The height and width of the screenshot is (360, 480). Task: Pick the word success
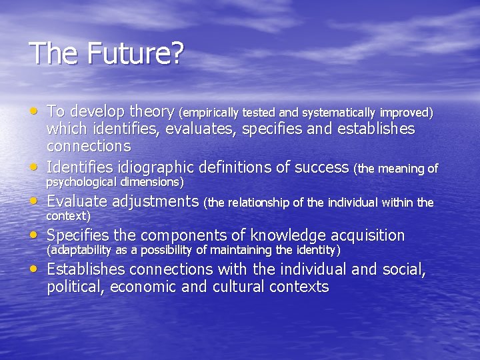[319, 166]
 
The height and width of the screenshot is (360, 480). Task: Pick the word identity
[317, 250]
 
